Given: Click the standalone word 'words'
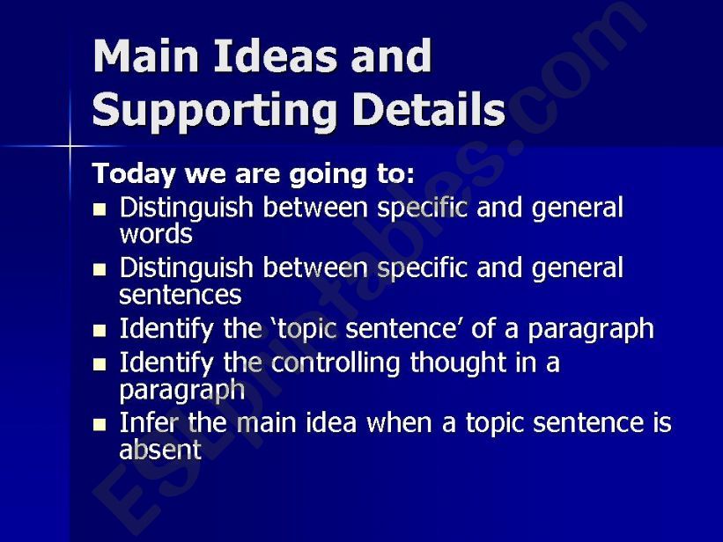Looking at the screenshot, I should point(155,235).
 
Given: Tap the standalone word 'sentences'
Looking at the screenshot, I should point(180,294).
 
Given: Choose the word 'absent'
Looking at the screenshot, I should point(159,450).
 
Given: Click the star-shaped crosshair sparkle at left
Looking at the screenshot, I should point(70,143).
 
